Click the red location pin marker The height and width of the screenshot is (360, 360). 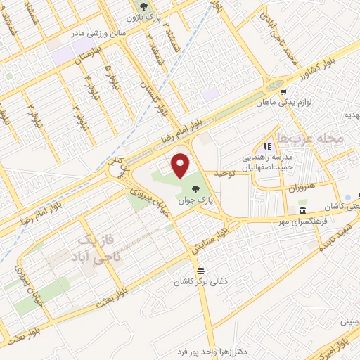click(182, 165)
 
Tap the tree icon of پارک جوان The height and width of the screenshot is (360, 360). click(194, 188)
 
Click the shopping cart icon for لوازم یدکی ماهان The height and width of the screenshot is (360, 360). click(283, 91)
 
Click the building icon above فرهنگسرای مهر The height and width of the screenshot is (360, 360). click(302, 211)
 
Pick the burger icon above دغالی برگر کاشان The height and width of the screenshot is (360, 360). click(201, 271)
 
